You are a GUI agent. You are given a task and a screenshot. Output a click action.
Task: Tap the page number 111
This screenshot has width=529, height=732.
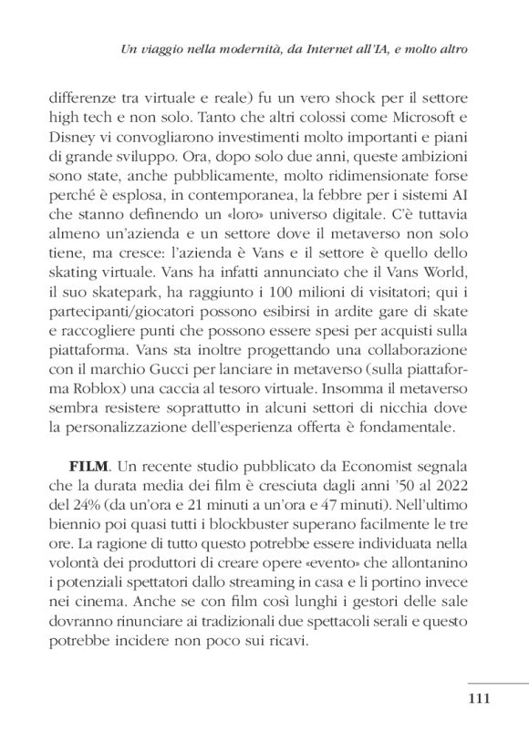pyautogui.click(x=480, y=699)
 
